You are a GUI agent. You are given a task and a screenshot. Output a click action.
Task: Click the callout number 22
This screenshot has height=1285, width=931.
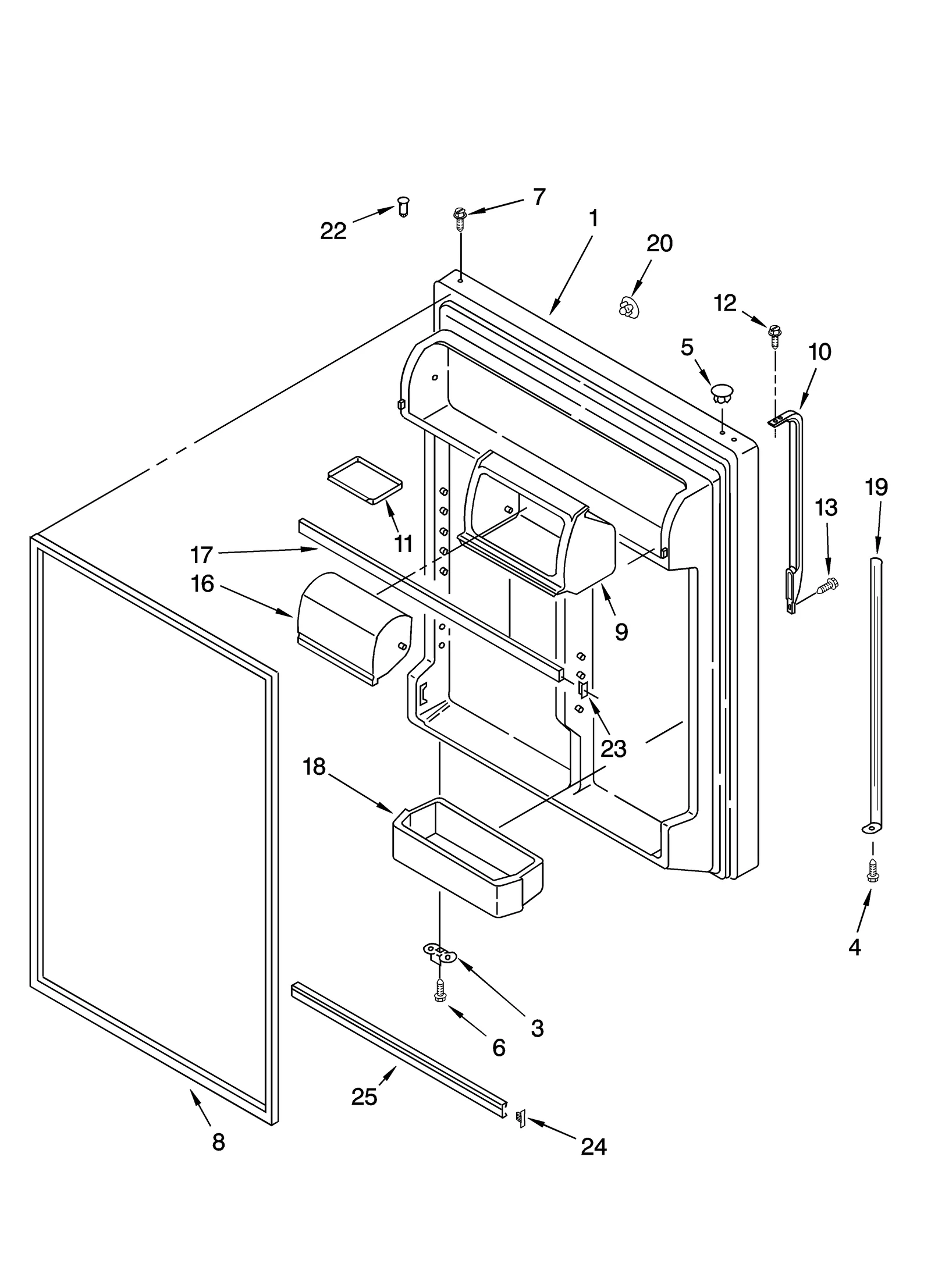333,232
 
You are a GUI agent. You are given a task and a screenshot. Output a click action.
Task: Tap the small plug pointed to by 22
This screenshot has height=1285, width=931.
403,206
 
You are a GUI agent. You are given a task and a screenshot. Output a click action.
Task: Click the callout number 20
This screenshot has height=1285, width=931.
659,243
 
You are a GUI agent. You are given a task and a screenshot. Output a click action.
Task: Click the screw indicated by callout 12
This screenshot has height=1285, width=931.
774,333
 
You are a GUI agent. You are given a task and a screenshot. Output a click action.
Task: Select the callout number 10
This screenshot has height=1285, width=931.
819,352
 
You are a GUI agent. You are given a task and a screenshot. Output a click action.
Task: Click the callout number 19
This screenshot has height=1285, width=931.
876,487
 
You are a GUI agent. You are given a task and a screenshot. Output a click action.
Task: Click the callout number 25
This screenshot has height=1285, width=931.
364,1097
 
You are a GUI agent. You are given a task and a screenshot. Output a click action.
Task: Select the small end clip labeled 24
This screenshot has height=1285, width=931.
521,1117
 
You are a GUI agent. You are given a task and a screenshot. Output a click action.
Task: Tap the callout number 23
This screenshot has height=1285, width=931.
613,749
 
